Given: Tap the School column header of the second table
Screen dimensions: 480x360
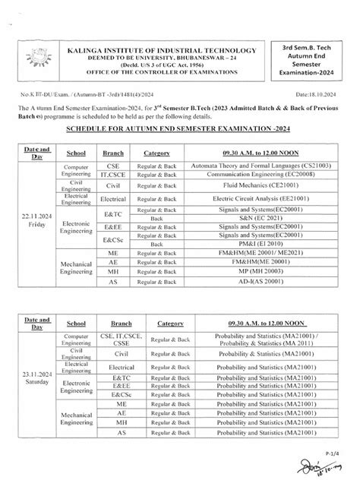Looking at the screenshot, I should point(77,323).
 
